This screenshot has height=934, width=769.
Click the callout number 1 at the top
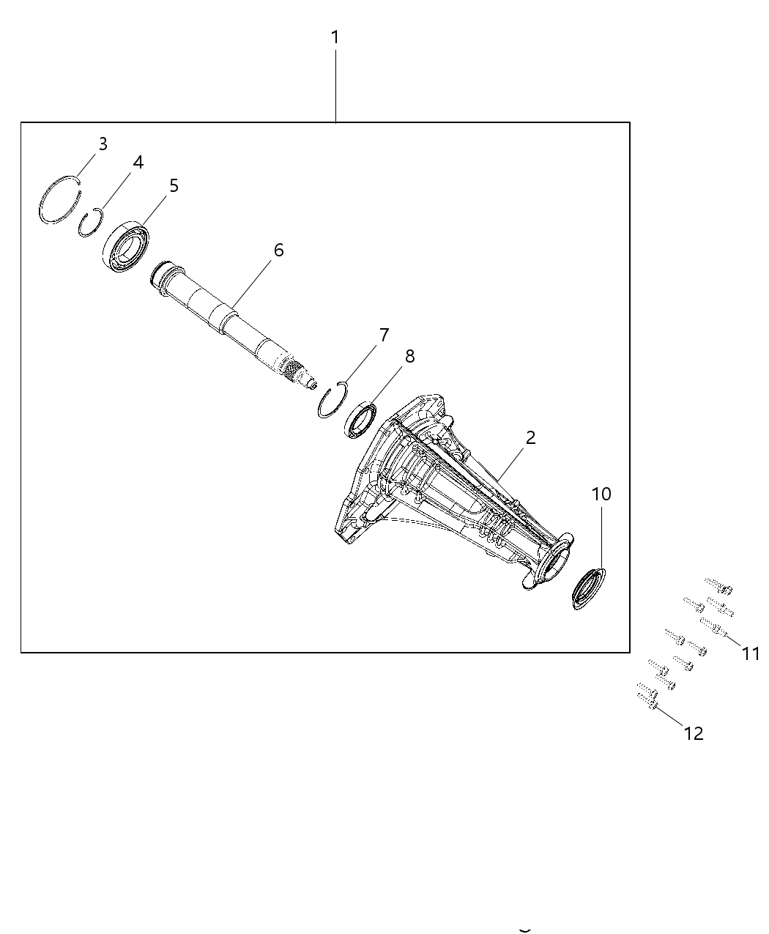(x=335, y=37)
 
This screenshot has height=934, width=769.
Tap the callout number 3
(x=103, y=144)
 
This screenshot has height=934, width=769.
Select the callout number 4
(x=138, y=163)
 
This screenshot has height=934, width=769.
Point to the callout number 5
(x=174, y=186)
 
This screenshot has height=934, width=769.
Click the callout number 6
(x=278, y=250)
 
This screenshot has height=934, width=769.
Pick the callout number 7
(x=384, y=336)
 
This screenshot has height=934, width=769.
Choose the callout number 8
(x=409, y=356)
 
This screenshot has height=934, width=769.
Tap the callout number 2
(x=530, y=438)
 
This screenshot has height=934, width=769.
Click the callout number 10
(x=601, y=494)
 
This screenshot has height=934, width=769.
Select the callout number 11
(x=751, y=653)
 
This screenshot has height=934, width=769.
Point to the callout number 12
(x=693, y=733)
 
